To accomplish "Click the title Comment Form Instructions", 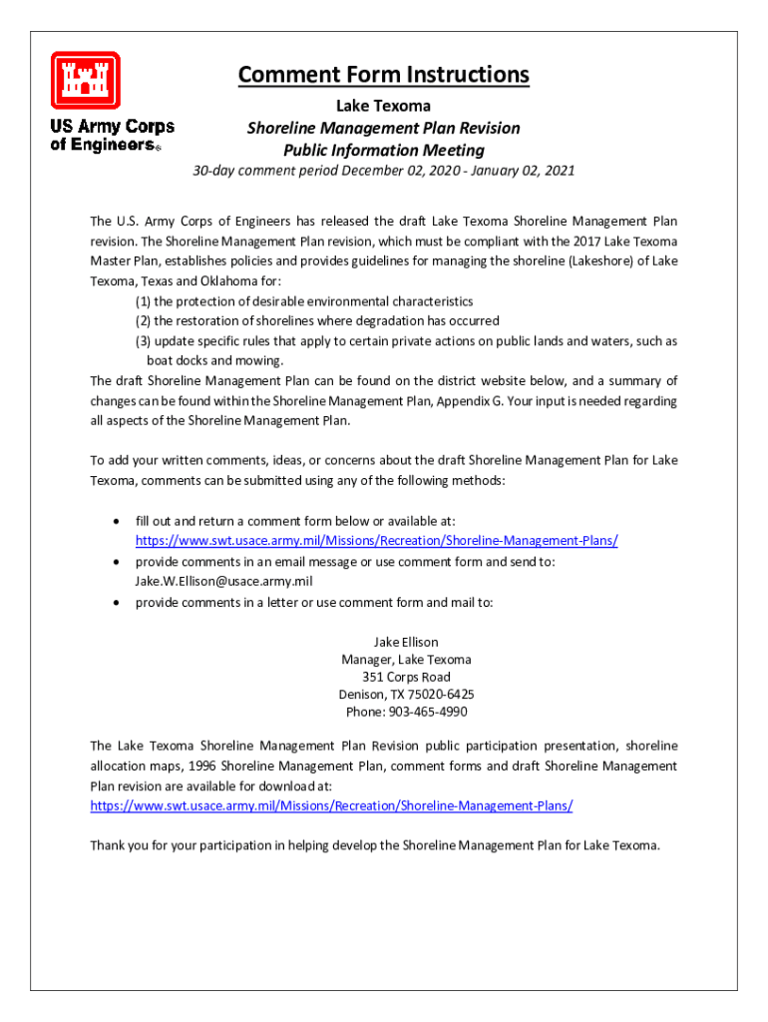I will (x=383, y=75).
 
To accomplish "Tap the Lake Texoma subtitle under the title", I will (x=383, y=105).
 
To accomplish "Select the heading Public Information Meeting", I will (x=383, y=151).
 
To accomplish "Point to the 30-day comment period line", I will (x=383, y=171).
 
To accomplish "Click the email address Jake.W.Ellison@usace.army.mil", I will (x=224, y=581).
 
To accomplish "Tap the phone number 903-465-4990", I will (x=406, y=712).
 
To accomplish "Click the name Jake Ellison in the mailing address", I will (x=406, y=642).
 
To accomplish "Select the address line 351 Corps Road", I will (x=406, y=677).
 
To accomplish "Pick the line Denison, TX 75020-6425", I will (x=406, y=694).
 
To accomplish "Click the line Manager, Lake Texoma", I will (x=406, y=659).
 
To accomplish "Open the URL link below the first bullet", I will (x=376, y=541).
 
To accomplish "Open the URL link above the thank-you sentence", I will (x=331, y=805).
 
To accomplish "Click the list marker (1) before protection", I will (x=144, y=301).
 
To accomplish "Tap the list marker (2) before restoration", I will (x=144, y=321).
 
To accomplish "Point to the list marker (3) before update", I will (x=144, y=341).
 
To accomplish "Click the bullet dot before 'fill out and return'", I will (x=119, y=522).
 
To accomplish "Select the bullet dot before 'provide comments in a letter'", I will (x=119, y=602).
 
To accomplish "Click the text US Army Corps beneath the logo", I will (x=112, y=127).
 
